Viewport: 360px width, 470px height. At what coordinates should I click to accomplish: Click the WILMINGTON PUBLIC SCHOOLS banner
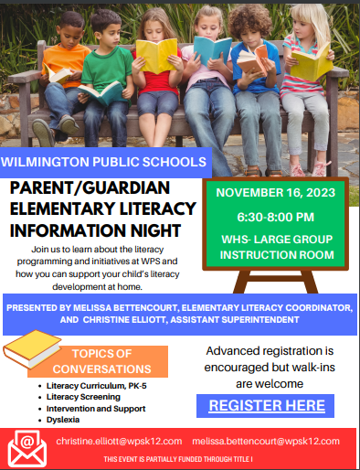[102, 162]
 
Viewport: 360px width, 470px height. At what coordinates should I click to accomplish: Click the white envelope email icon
[26, 447]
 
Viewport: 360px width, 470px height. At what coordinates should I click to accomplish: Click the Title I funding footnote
[179, 458]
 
